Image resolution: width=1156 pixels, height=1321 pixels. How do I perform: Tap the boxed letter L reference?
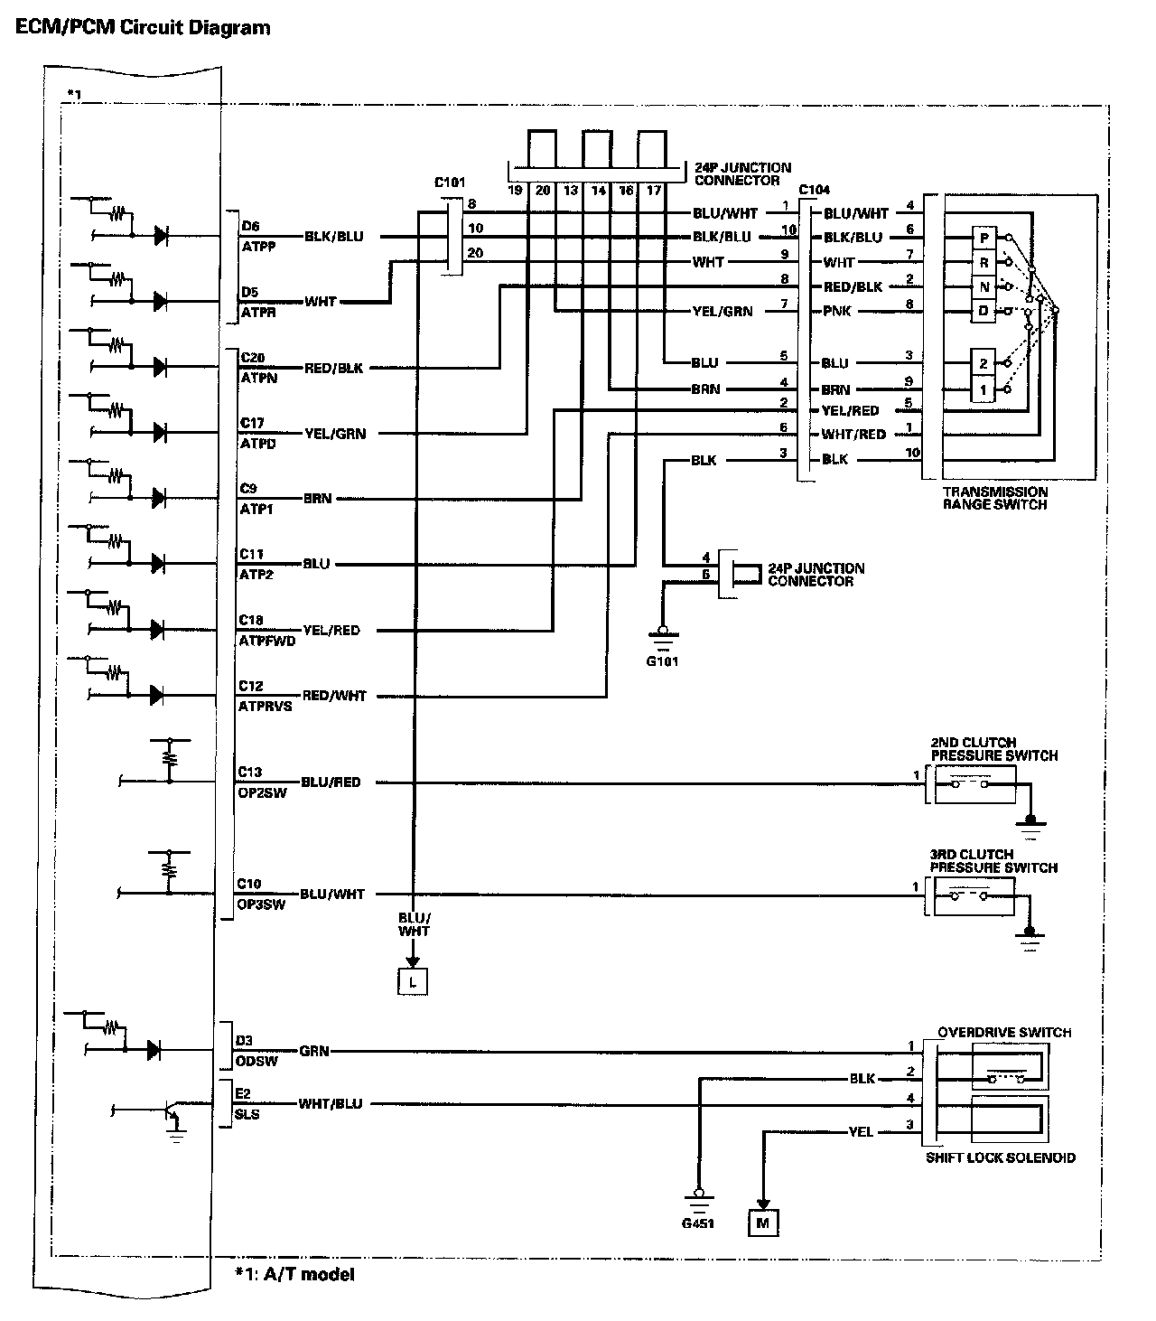coord(413,981)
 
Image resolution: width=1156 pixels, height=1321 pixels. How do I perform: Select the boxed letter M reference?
coord(763,1223)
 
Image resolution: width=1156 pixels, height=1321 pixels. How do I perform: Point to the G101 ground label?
coord(662,661)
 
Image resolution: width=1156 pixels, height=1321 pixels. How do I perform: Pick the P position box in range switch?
coord(984,238)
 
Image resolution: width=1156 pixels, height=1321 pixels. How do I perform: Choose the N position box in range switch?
coord(984,287)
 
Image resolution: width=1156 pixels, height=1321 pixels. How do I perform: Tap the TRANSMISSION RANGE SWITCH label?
coord(995,498)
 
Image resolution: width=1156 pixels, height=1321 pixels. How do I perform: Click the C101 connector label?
coord(450,183)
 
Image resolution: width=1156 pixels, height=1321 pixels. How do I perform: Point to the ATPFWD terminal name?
coord(262,640)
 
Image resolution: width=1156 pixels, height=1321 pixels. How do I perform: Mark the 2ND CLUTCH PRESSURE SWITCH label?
coord(993,749)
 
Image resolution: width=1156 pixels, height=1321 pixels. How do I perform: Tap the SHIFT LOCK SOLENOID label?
coord(1000,1157)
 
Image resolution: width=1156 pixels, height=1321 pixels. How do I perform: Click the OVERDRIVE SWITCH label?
coord(1004,1032)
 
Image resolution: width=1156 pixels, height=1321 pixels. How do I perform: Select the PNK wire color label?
coord(836,312)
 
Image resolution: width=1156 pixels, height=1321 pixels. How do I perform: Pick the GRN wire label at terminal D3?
coord(314,1051)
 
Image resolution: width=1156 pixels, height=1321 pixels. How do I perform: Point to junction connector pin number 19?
coord(515,191)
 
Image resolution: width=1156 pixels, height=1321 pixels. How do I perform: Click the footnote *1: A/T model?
coord(294,1275)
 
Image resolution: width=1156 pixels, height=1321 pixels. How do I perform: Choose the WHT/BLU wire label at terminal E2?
coord(330,1104)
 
